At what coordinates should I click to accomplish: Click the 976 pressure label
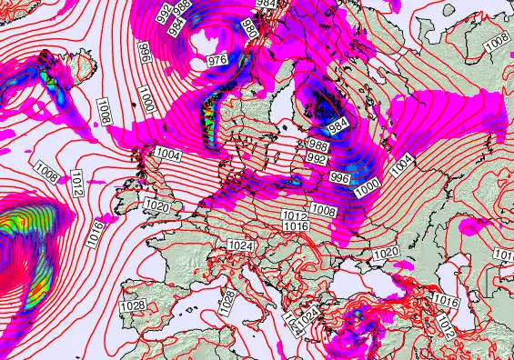[x=217, y=60]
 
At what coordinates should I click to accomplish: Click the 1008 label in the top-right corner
[x=497, y=41]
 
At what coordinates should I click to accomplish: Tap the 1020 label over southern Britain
[x=156, y=207]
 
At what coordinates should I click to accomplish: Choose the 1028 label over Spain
[x=132, y=305]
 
